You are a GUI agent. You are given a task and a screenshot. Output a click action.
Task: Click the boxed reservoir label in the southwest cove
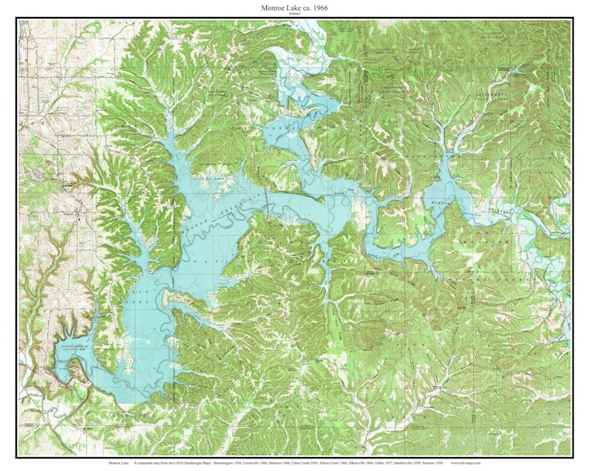74,346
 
